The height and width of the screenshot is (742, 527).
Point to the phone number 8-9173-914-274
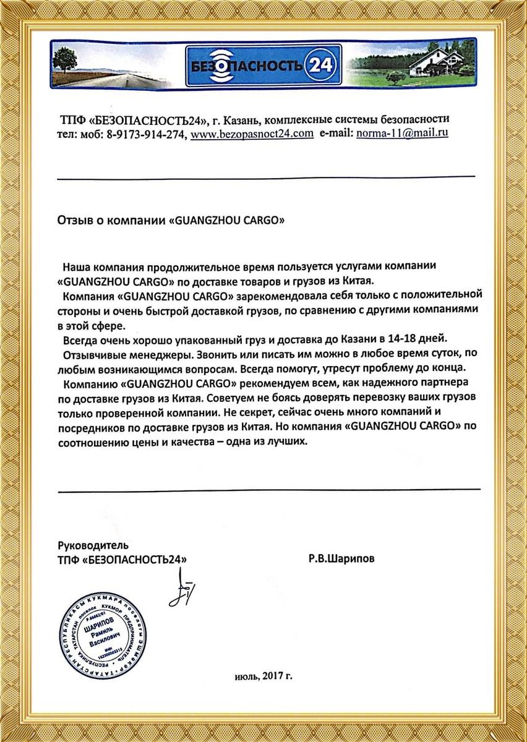click(x=146, y=134)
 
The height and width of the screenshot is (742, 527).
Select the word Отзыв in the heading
click(x=72, y=220)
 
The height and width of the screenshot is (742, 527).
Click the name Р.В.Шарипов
click(x=341, y=558)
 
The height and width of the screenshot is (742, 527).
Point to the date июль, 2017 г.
click(x=263, y=676)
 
